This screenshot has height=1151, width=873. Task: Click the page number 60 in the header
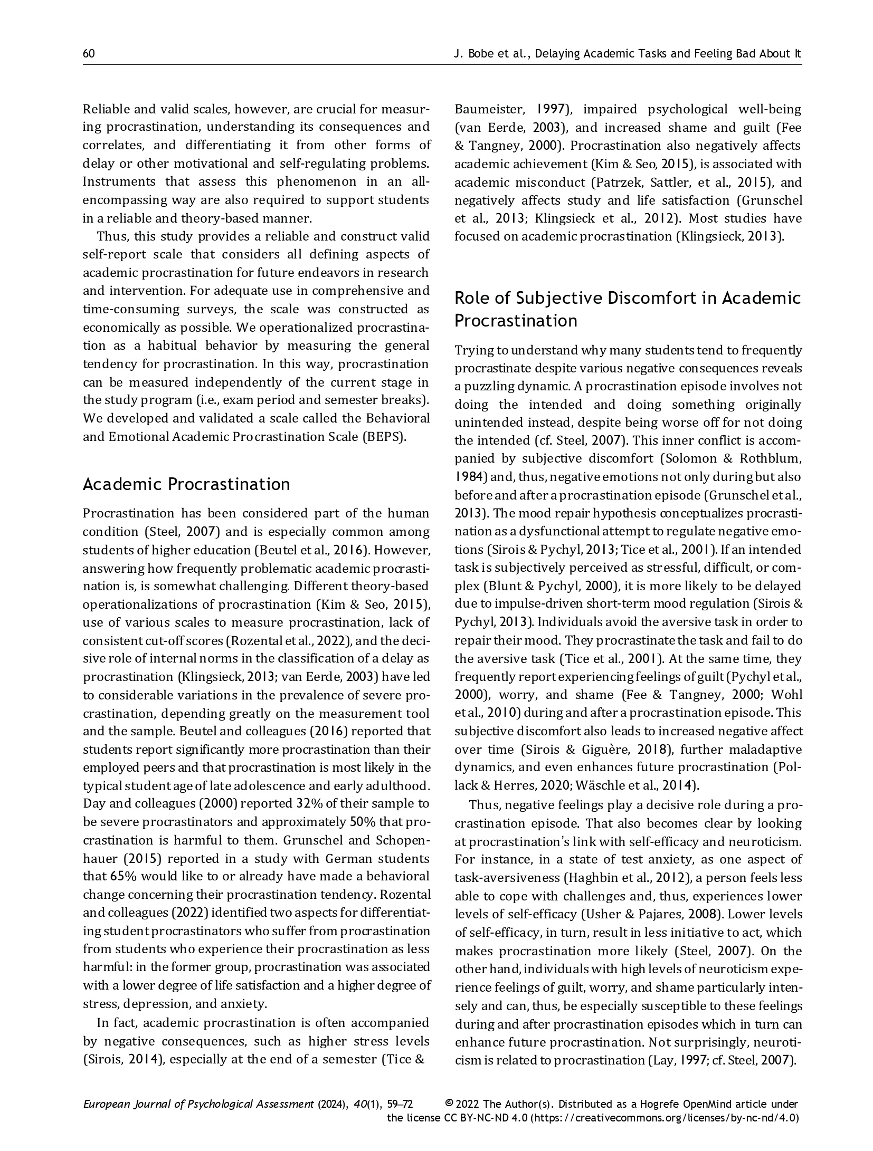coord(89,53)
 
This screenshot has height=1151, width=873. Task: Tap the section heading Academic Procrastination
coord(186,484)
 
